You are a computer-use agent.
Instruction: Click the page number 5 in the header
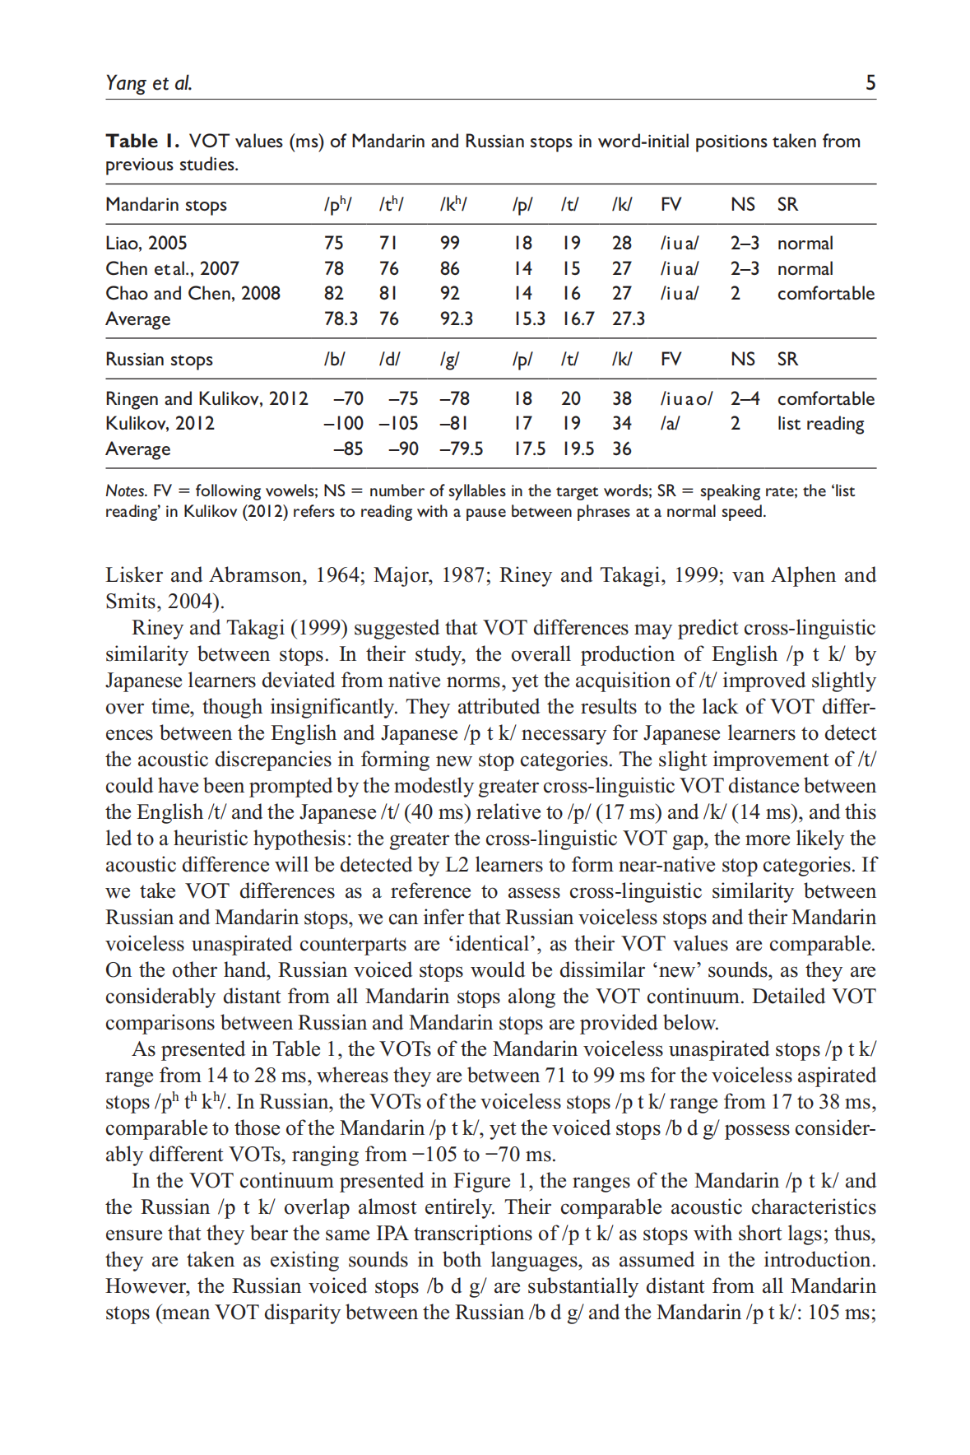coord(870,82)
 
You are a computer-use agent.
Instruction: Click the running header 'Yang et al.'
coord(149,82)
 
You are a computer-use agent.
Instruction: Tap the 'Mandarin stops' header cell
coord(166,205)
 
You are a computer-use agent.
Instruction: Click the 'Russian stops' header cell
coord(159,360)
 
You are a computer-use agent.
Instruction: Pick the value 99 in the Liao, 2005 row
coord(450,244)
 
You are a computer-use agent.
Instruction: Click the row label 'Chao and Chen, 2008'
coord(193,294)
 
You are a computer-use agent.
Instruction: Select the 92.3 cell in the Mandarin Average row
coord(456,319)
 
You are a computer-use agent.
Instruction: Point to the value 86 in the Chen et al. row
coord(450,269)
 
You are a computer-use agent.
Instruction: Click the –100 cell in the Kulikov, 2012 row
coord(343,424)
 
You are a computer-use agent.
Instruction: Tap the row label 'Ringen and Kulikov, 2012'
coord(207,399)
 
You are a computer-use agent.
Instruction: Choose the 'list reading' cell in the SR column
coord(820,424)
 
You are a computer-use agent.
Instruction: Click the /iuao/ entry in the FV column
coord(686,399)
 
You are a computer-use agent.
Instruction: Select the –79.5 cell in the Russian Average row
coord(461,449)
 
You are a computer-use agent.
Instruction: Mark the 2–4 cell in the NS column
coord(745,399)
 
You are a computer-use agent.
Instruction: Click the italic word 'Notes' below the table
coord(126,491)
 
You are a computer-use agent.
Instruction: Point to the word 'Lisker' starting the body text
coord(134,575)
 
